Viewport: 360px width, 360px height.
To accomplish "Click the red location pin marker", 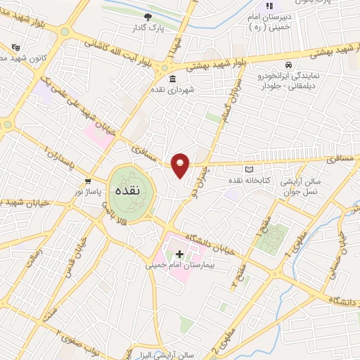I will pyautogui.click(x=181, y=165).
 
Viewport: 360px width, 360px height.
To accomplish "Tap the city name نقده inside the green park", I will pyautogui.click(x=133, y=191).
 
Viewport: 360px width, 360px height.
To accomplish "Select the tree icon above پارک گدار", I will pyautogui.click(x=147, y=17).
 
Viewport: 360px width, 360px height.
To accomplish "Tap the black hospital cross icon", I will pyautogui.click(x=180, y=254).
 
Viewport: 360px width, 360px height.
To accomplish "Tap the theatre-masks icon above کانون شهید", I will pyautogui.click(x=15, y=46).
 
